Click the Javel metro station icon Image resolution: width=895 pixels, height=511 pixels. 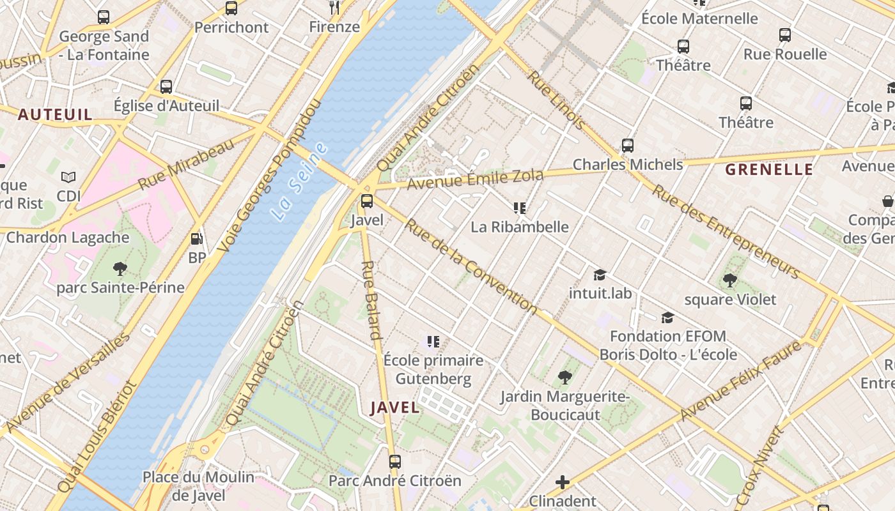(x=367, y=201)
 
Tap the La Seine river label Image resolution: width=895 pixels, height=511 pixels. (x=299, y=182)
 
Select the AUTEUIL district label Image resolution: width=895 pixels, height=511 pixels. (x=55, y=115)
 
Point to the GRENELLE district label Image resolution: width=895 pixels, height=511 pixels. (x=769, y=170)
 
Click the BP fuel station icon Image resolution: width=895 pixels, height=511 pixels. (x=197, y=240)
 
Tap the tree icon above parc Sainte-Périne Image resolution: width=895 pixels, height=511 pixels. (x=120, y=269)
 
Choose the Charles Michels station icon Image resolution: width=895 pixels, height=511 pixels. (x=628, y=146)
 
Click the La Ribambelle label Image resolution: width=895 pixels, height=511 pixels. (x=519, y=227)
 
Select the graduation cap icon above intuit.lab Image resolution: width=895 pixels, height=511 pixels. (x=600, y=275)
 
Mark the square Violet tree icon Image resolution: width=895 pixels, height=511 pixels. (x=729, y=280)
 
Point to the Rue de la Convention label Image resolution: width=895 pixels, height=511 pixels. (x=471, y=267)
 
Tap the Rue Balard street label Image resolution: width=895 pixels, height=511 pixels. (x=371, y=300)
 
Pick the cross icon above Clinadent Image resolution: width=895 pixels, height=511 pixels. (x=563, y=482)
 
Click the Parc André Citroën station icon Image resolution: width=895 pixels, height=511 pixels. (x=395, y=461)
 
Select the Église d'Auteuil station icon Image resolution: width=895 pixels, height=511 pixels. (x=166, y=87)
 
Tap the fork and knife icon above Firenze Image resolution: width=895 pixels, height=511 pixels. (x=334, y=8)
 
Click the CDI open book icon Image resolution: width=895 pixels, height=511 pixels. (x=68, y=177)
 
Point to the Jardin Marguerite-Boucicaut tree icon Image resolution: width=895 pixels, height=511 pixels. (x=564, y=378)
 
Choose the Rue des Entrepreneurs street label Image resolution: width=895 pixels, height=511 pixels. (x=725, y=232)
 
